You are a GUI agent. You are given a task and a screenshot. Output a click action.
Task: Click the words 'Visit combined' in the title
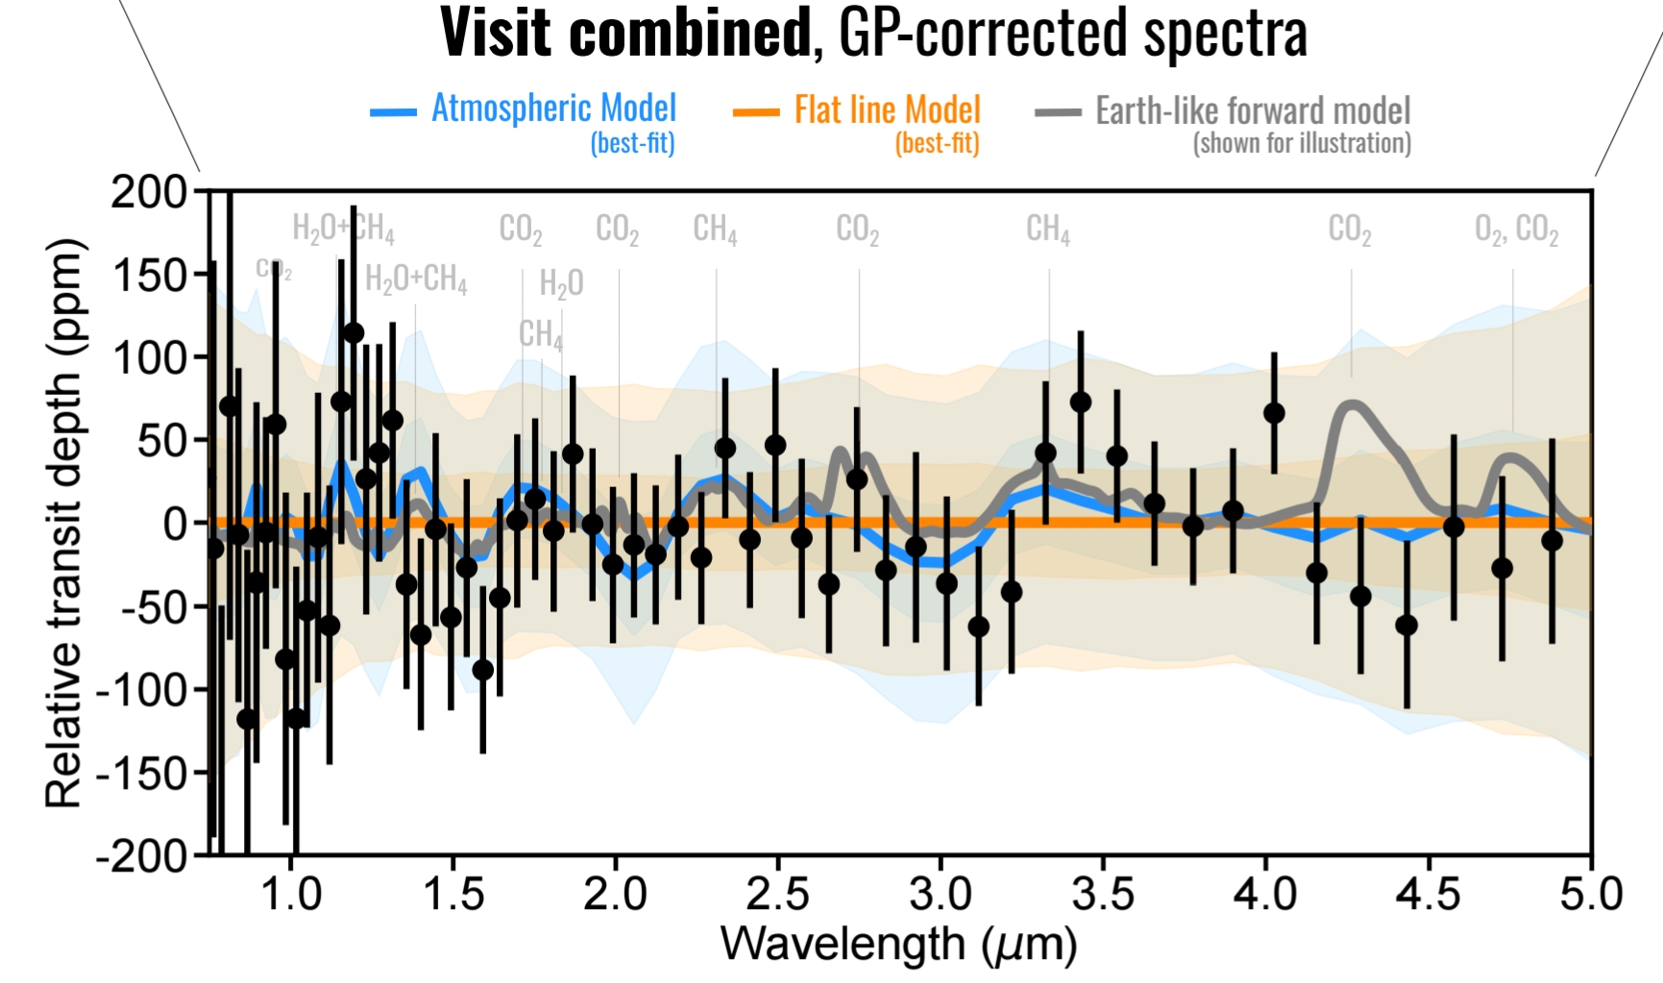(x=625, y=33)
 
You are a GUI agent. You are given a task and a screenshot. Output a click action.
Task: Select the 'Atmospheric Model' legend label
(x=553, y=109)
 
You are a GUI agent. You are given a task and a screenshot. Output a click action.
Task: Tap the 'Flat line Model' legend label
(x=887, y=111)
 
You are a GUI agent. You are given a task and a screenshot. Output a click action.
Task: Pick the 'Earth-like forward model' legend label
(x=1253, y=111)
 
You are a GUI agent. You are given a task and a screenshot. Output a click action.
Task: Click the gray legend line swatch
(x=1058, y=113)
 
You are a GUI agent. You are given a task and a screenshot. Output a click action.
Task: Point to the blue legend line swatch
(x=393, y=113)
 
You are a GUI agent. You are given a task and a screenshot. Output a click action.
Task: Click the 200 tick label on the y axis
(x=149, y=192)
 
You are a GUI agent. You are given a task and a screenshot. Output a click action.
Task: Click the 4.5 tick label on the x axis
(x=1428, y=894)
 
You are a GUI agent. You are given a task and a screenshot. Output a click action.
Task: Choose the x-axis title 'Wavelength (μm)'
(x=898, y=944)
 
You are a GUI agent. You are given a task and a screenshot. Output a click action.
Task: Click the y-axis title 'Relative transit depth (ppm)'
(x=65, y=523)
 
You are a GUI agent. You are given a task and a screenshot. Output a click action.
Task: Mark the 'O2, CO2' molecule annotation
(x=1516, y=230)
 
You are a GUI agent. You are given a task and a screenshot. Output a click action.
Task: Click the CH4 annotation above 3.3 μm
(x=1047, y=230)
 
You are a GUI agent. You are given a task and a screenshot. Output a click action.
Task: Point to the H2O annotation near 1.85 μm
(x=561, y=283)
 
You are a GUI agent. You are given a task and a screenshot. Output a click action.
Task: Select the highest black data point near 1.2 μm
(x=354, y=333)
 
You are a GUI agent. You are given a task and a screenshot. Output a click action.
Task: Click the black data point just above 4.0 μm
(x=1274, y=413)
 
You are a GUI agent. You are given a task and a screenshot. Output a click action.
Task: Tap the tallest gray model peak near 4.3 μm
(x=1353, y=405)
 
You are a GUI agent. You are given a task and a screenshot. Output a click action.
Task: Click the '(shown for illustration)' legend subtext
(x=1302, y=144)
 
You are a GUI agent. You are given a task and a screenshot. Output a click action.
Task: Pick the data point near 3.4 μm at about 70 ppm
(x=1081, y=403)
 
